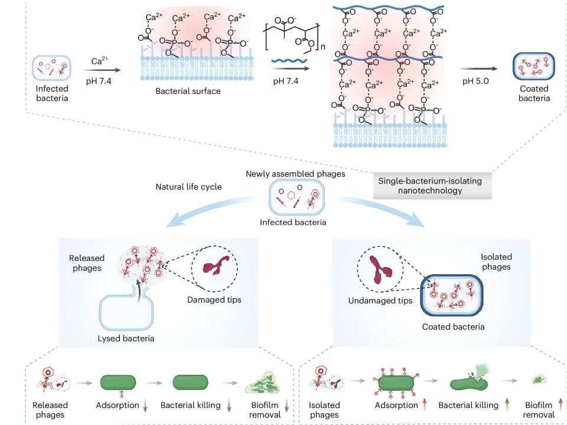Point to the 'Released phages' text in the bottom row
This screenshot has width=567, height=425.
pos(51,410)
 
